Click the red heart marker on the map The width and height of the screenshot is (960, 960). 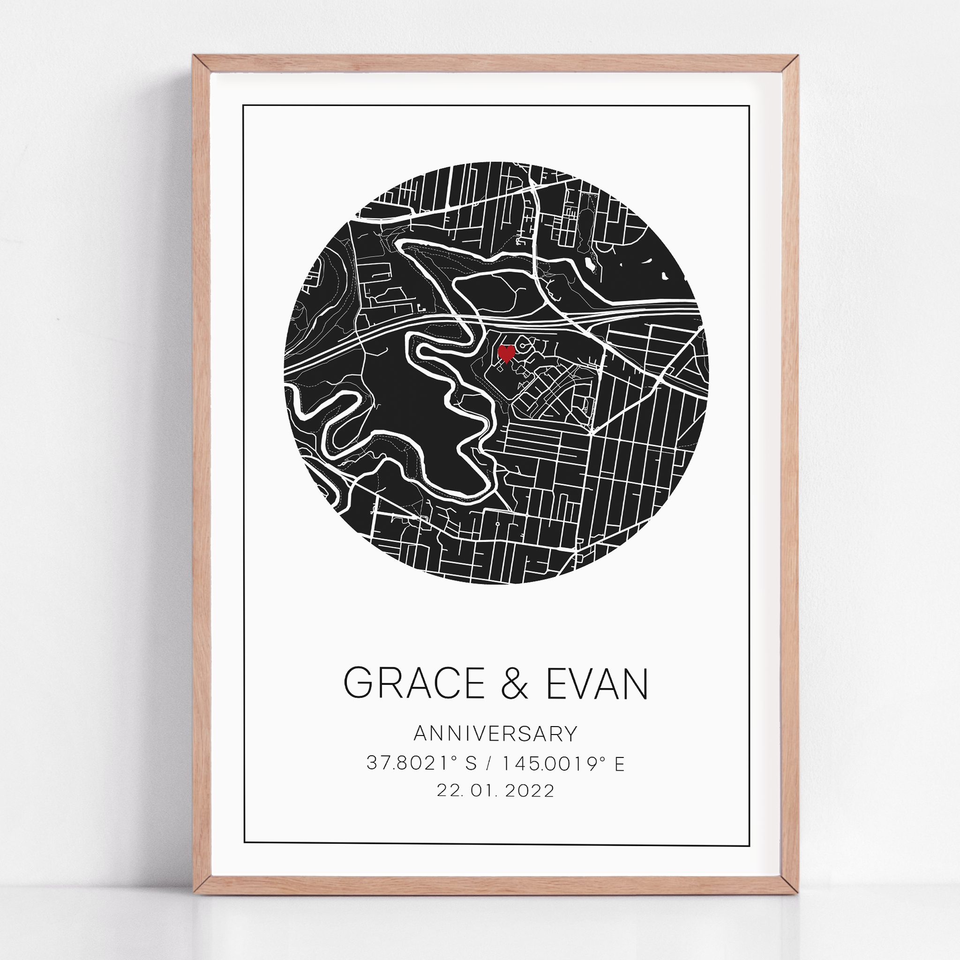[x=506, y=353]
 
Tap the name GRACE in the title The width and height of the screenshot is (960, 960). [x=414, y=684]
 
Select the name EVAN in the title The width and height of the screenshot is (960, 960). [x=597, y=684]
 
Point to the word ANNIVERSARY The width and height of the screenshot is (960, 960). [x=495, y=734]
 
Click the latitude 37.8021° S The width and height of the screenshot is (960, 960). [x=421, y=763]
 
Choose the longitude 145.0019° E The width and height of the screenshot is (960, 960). [x=563, y=763]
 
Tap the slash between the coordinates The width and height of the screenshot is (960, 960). [x=490, y=763]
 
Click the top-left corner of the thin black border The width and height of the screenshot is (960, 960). [x=243, y=106]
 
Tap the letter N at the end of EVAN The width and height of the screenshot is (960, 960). [x=635, y=684]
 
